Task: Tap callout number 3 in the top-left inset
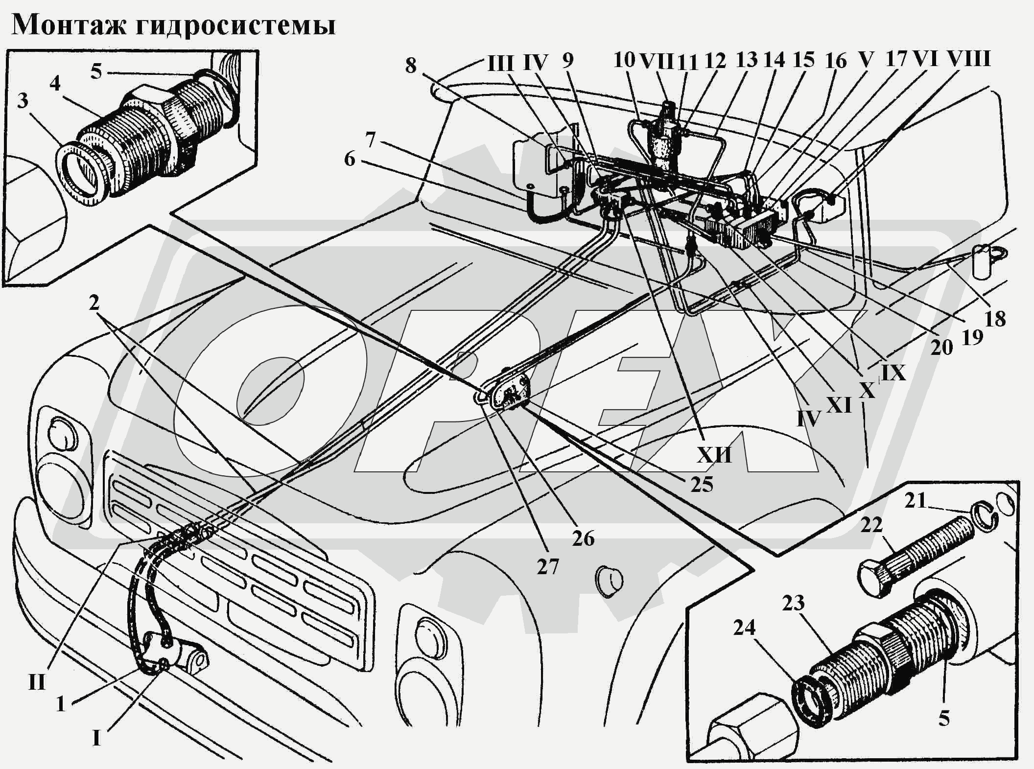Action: (x=23, y=101)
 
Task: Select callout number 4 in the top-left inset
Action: (x=55, y=83)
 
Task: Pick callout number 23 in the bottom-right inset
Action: (x=793, y=603)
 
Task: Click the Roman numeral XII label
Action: (x=714, y=455)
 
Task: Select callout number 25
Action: (x=702, y=485)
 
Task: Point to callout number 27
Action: (x=547, y=567)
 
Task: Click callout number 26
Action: (x=583, y=538)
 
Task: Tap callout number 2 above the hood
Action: (x=94, y=303)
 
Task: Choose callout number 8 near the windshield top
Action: (x=410, y=65)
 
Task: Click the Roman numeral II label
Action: (x=37, y=682)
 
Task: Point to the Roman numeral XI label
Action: (x=839, y=405)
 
